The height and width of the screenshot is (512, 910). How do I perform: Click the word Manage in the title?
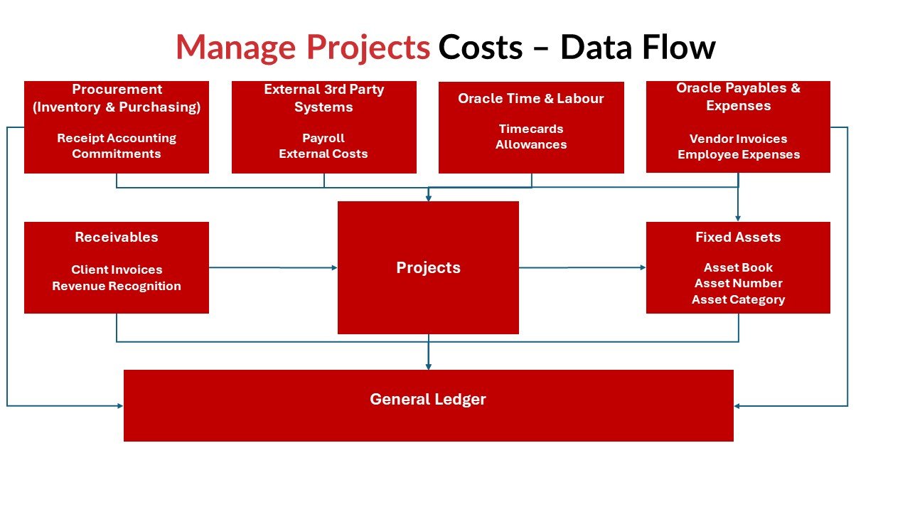[236, 48]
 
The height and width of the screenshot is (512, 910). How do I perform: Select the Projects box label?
[428, 268]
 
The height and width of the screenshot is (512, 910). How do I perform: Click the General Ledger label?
[428, 400]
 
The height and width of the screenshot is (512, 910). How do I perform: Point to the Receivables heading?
[117, 237]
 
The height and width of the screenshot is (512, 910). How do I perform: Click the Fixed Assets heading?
[738, 237]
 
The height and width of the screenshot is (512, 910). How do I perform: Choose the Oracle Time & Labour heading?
[531, 98]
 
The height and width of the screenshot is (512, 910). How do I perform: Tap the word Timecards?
[531, 129]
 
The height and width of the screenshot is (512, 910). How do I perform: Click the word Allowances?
[531, 144]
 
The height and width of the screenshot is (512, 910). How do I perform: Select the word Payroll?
[323, 138]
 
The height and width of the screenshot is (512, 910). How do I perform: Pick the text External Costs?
[323, 154]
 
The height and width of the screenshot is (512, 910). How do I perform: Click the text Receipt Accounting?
[117, 138]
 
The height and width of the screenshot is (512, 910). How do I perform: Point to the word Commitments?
[117, 154]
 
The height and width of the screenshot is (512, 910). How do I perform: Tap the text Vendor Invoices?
[738, 139]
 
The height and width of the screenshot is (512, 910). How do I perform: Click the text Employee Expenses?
[739, 155]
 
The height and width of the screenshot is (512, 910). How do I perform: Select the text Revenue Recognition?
[117, 286]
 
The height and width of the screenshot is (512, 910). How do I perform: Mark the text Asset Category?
[738, 300]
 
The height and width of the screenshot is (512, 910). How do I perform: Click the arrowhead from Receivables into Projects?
[334, 268]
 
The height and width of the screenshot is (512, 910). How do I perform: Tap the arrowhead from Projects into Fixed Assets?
[643, 268]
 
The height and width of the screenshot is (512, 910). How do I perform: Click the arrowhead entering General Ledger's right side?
[737, 406]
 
